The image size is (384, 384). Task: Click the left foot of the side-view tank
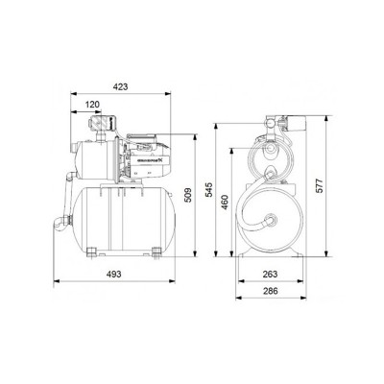(88, 252)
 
